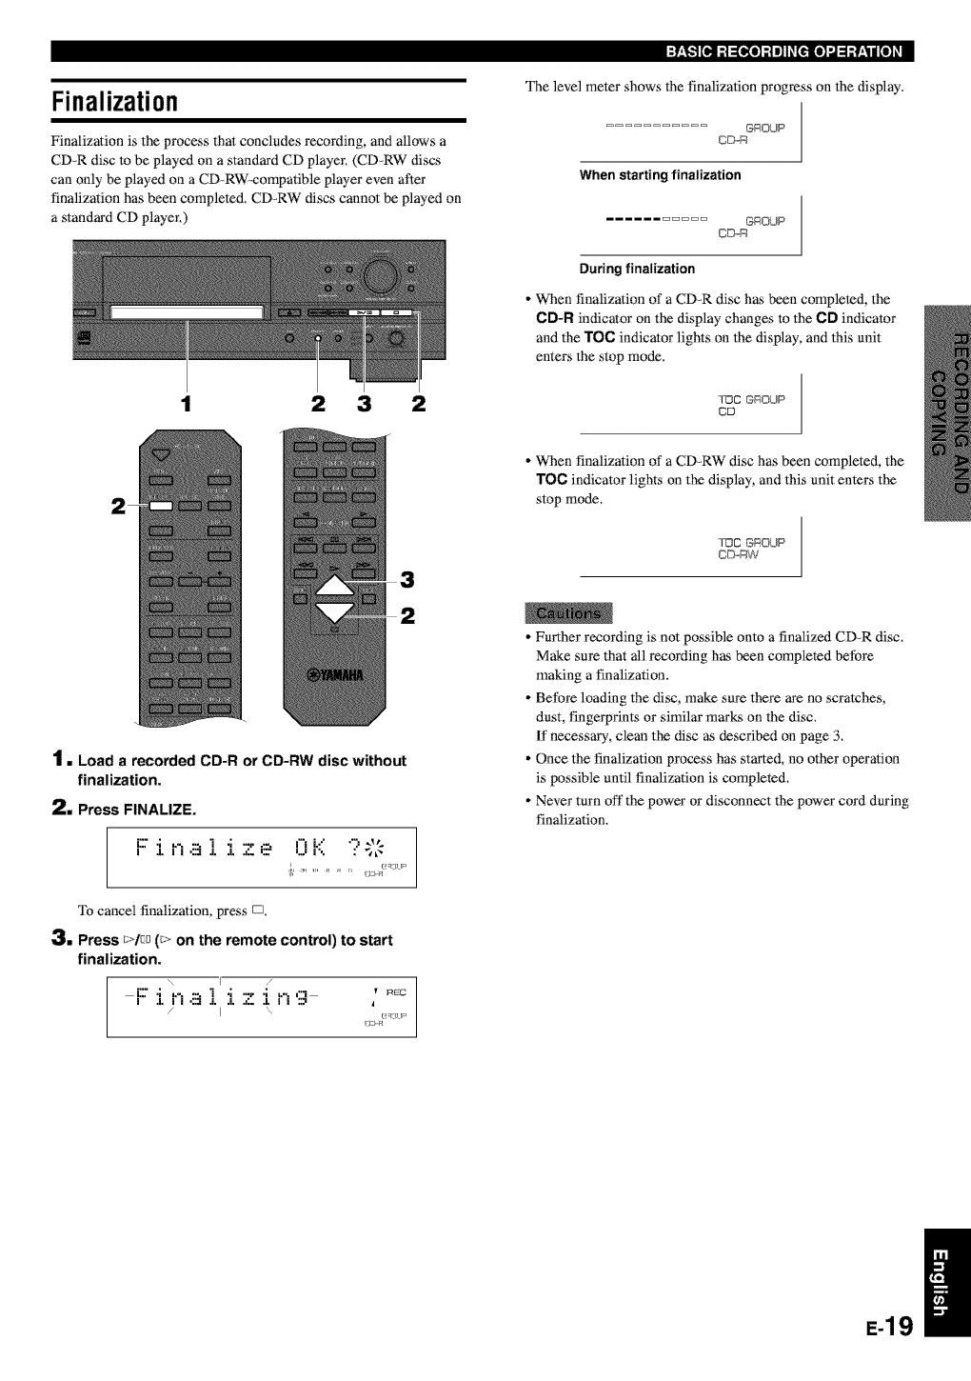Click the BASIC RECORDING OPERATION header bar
coord(783,51)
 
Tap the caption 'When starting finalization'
coord(661,175)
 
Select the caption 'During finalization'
coord(637,269)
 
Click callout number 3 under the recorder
coord(363,404)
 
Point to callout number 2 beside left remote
coord(119,505)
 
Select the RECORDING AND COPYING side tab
coord(947,410)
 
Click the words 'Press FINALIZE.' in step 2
coord(137,811)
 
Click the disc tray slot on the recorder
coord(187,311)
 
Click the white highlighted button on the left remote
coord(161,505)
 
